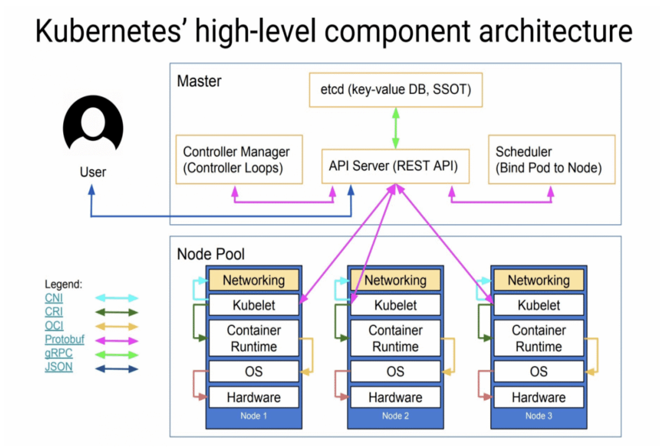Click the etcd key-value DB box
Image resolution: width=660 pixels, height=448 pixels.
point(395,90)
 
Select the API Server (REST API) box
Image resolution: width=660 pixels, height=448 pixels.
point(395,166)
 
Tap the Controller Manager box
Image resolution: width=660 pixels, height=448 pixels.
point(239,159)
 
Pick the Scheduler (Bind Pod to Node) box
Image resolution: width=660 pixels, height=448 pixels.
point(551,159)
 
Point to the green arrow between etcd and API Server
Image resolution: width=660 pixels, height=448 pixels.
point(396,128)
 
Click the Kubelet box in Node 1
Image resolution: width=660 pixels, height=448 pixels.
point(254,305)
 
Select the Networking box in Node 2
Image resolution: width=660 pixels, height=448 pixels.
point(395,280)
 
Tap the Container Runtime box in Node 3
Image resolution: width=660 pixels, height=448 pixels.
point(538,338)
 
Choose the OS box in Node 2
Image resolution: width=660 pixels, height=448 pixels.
point(395,371)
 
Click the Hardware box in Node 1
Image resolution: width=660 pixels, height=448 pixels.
point(254,397)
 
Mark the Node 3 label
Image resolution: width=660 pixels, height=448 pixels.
point(538,416)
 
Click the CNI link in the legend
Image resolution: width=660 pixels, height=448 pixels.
point(54,298)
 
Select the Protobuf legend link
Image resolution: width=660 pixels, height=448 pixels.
point(64,339)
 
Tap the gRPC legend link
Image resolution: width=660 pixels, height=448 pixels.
point(59,353)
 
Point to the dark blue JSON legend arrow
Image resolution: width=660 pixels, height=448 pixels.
point(117,369)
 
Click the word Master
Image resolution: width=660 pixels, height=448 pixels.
point(199,81)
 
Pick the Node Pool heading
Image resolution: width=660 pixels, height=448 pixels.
point(211,254)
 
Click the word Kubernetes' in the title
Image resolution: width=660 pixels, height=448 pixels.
point(109,31)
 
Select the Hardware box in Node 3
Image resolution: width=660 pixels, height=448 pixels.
point(538,397)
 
